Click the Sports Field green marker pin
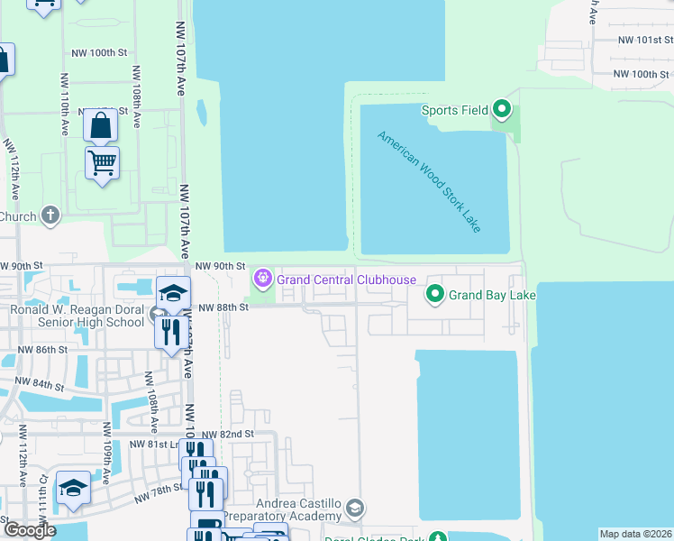click(x=502, y=111)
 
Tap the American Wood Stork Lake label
click(x=429, y=182)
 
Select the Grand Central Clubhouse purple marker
click(x=263, y=279)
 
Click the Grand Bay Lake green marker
click(x=435, y=295)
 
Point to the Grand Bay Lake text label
click(x=493, y=295)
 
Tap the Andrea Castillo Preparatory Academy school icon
click(x=355, y=510)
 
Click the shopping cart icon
click(x=102, y=164)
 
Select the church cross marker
click(x=50, y=216)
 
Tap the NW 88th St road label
click(x=223, y=307)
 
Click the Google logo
click(x=30, y=530)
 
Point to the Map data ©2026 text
click(x=635, y=534)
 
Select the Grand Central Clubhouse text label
click(x=347, y=280)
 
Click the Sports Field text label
click(x=455, y=110)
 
